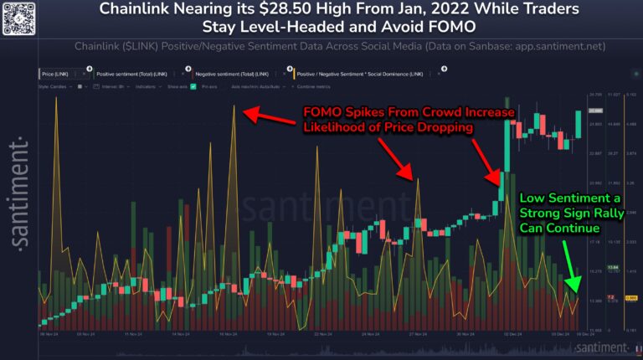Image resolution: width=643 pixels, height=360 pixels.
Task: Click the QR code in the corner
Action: (x=18, y=18)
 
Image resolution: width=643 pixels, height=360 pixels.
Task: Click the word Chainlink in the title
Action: (x=136, y=12)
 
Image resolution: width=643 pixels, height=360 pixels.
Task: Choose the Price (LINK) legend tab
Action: (x=61, y=75)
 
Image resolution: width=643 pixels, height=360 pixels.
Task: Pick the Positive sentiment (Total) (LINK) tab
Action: (x=134, y=75)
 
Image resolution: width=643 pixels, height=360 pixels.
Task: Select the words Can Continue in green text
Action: (x=560, y=228)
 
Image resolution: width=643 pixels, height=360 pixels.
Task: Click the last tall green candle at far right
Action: (x=579, y=125)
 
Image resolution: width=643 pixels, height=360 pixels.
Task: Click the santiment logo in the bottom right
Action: (x=596, y=347)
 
